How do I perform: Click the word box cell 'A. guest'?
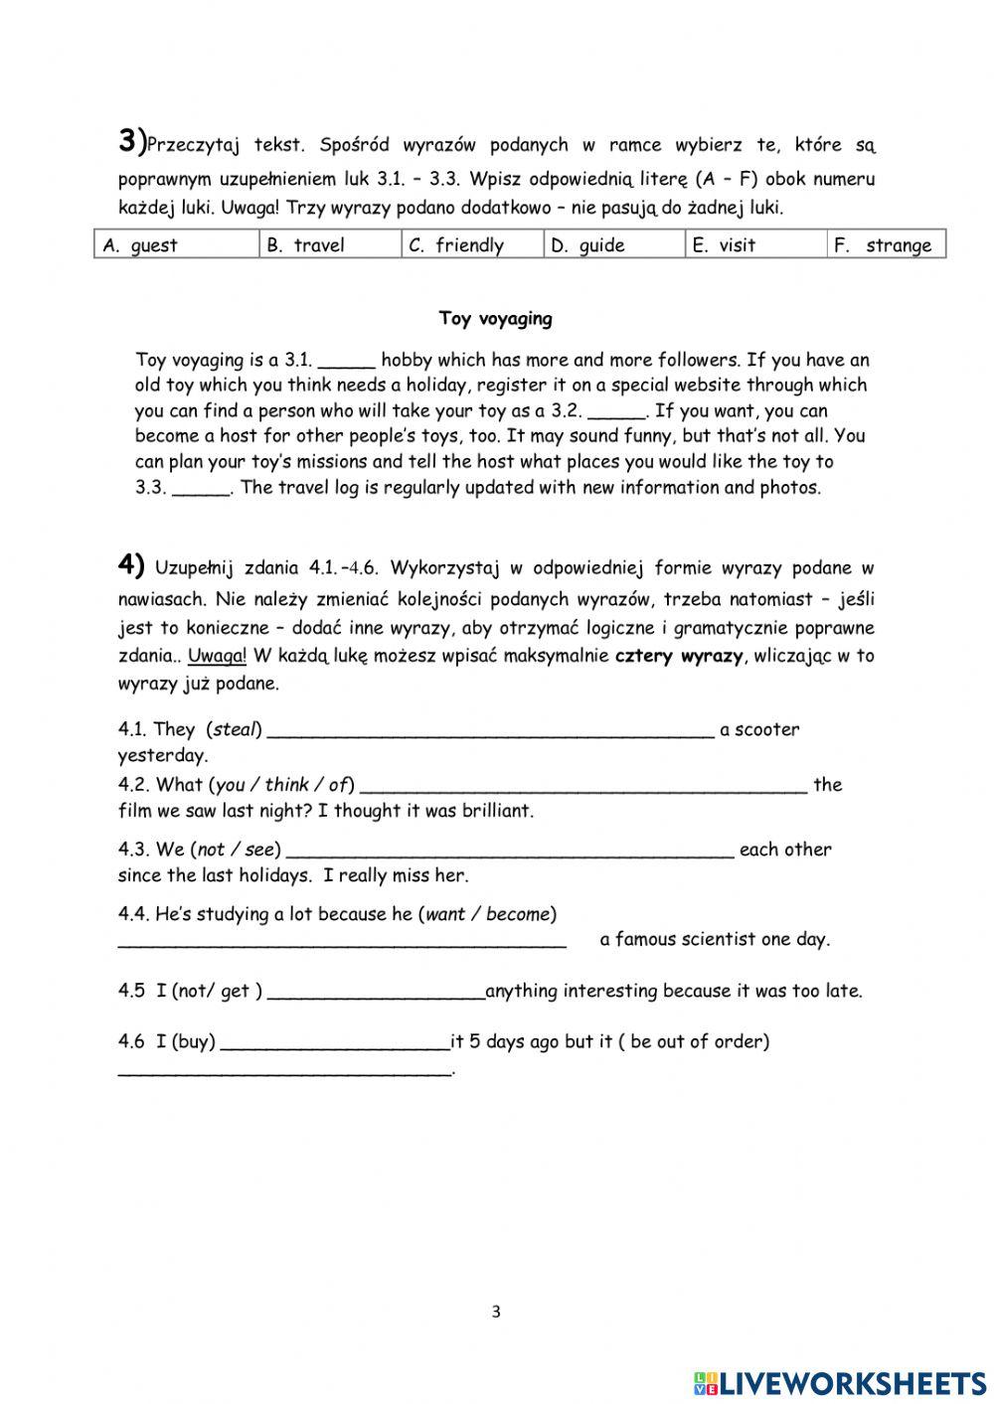coord(177,244)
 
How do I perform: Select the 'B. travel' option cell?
coord(330,244)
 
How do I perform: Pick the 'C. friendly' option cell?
coord(472,244)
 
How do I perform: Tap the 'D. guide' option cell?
coord(614,244)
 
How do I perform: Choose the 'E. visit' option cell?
coord(755,244)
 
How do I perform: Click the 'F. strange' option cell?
coord(886,244)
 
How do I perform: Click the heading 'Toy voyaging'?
coord(496,319)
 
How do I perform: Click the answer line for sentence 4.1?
coord(490,731)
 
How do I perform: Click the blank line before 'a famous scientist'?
coord(342,940)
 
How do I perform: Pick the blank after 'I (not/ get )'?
coord(376,992)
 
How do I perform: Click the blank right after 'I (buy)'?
coord(335,1042)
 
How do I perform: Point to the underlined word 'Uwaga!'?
coord(217,656)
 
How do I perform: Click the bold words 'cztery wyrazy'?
coord(679,656)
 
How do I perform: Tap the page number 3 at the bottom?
coord(496,1312)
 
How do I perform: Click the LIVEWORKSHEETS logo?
coord(840,1382)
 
